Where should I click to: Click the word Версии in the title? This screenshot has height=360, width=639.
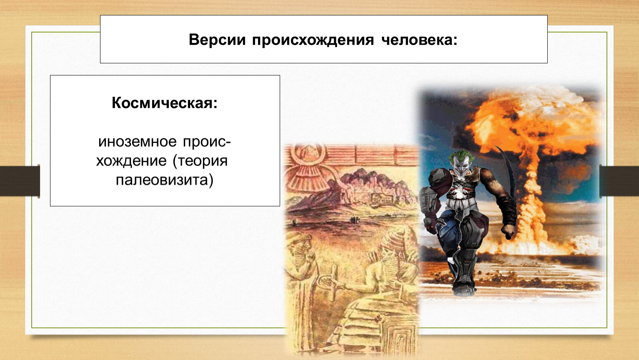(217, 40)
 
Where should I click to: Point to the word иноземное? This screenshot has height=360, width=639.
(137, 142)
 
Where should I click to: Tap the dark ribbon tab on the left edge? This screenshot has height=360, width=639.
(20, 181)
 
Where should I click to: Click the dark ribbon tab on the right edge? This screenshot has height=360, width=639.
(619, 181)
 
